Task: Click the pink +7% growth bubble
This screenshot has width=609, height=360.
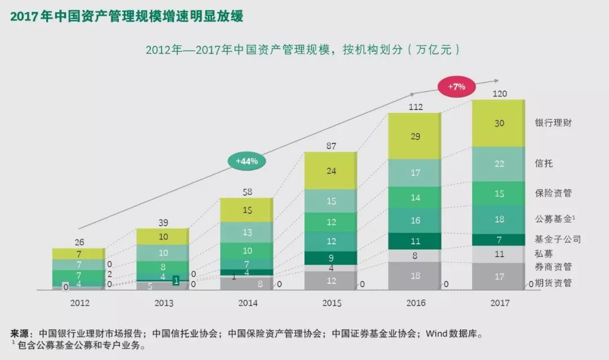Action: tap(456, 87)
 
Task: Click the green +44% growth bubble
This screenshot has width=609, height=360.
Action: tap(246, 161)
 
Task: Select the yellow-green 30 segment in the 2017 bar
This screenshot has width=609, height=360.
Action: tap(498, 124)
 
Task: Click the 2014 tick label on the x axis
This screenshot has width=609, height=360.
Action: tap(248, 303)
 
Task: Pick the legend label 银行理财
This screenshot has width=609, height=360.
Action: tap(553, 122)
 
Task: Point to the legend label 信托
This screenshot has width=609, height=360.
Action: tap(544, 164)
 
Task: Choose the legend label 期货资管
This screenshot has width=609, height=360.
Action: tap(553, 283)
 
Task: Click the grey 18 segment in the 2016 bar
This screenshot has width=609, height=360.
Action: tap(415, 276)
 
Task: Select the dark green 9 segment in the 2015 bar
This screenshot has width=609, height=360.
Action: tap(332, 258)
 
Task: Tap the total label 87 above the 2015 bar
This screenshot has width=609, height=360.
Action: tap(331, 146)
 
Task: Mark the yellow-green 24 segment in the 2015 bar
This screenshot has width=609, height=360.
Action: tap(332, 170)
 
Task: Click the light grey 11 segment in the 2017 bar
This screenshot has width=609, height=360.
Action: tap(498, 254)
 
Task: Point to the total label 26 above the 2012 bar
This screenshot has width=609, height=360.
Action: tap(79, 242)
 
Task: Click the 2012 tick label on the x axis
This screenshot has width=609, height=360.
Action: tap(80, 303)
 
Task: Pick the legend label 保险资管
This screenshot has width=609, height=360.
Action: tap(553, 193)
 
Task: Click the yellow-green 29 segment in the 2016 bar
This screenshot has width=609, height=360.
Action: tap(415, 136)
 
